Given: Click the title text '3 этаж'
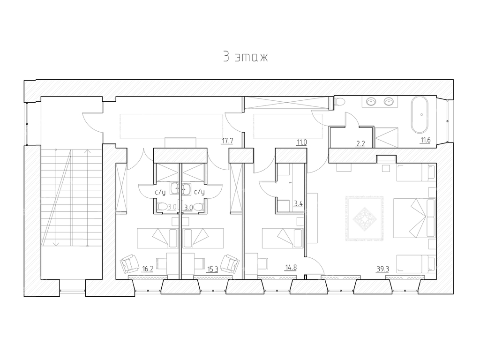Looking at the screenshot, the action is click(246, 57).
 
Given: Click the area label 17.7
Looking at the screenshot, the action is click(227, 141).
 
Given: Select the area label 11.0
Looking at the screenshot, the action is click(301, 142).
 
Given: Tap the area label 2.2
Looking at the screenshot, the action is click(360, 143).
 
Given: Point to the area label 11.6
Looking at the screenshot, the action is click(425, 140).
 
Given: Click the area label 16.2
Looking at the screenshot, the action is click(148, 269).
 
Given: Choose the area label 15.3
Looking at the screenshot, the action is click(212, 270).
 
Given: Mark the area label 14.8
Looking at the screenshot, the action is click(291, 268).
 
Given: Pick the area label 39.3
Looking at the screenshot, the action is click(382, 269).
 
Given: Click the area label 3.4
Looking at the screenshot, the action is click(298, 203).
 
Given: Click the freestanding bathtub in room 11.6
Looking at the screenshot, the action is click(422, 115).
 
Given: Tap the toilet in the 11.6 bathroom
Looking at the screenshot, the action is click(340, 101).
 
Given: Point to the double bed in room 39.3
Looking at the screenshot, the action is click(414, 217).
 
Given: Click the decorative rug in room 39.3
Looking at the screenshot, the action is click(365, 218).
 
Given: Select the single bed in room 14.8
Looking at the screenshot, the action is click(283, 238).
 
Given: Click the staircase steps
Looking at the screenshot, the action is click(72, 197).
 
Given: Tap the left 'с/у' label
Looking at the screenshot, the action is click(160, 192).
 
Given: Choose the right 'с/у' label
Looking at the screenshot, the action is click(199, 192).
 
